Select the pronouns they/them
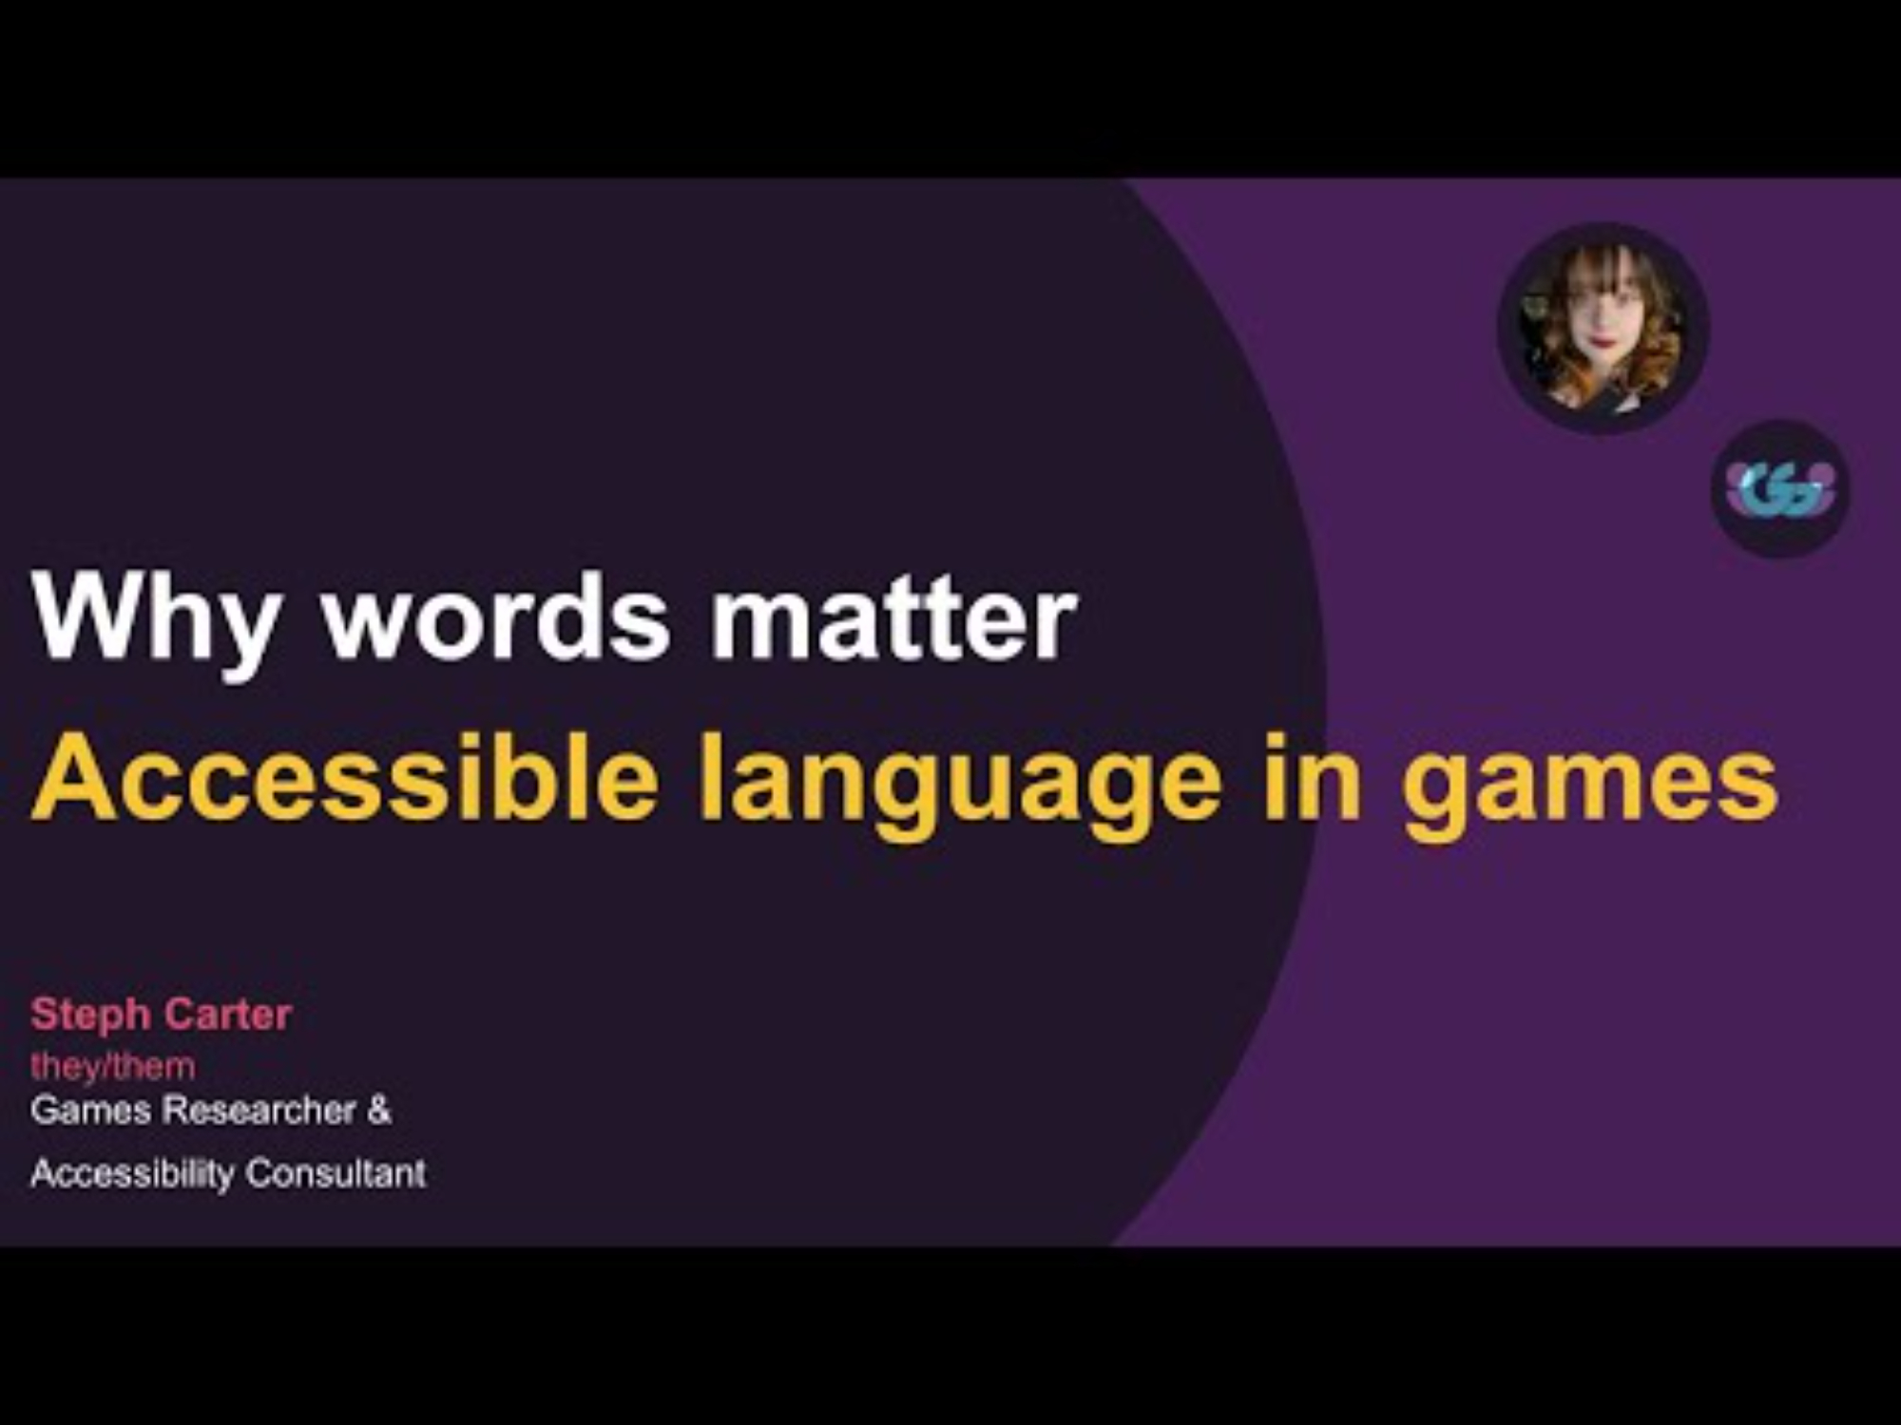pos(113,1067)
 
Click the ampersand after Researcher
pos(379,1110)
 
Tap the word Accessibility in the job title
pos(132,1174)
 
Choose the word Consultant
pos(336,1173)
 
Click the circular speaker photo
pos(1603,328)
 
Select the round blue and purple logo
pos(1780,489)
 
